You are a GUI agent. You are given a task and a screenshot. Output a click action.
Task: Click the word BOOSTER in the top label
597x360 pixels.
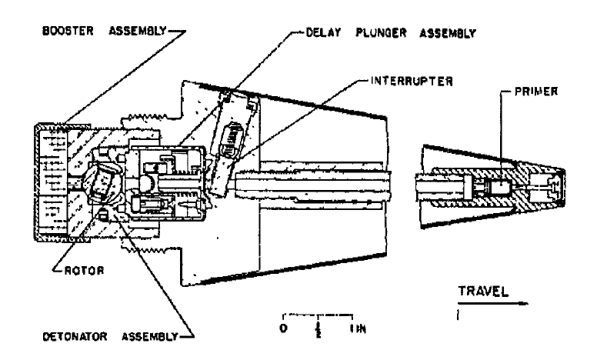(68, 31)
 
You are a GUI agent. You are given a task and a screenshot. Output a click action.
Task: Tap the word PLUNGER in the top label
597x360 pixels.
(381, 33)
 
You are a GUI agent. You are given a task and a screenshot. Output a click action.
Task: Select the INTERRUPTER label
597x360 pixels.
(412, 82)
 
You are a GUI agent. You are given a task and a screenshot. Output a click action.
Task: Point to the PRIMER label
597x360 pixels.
(536, 92)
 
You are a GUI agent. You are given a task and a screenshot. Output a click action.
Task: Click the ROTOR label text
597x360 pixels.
(84, 271)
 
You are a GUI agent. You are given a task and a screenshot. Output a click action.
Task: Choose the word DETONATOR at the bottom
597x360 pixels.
(75, 337)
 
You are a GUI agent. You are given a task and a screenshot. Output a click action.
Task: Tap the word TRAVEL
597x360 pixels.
(483, 292)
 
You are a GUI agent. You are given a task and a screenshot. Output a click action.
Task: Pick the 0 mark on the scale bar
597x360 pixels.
(283, 328)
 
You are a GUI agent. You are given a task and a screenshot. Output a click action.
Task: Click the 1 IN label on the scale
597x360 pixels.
(358, 328)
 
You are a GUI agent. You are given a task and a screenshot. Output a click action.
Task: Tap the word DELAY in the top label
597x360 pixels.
(323, 33)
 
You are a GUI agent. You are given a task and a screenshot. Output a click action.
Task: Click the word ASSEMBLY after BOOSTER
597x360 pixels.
(138, 31)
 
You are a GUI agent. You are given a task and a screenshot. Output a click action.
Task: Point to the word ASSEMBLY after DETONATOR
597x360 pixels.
(150, 337)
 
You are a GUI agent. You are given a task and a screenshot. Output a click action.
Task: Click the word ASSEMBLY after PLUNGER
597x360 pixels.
(448, 34)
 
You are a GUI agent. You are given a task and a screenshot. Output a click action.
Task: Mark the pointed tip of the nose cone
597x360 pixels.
(563, 185)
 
